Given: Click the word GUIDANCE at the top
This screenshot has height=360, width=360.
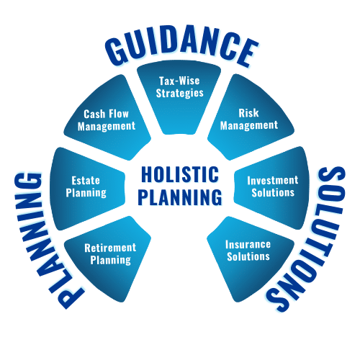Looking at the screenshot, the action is click(181, 45).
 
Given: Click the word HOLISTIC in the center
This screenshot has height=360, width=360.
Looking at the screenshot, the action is click(180, 174).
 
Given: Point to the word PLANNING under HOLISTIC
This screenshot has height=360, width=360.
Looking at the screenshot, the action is click(180, 197).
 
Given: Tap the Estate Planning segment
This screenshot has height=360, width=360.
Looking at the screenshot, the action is click(88, 189).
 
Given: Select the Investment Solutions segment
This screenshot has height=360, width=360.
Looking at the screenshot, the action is click(271, 188).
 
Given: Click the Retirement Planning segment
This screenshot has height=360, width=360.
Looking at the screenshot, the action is click(108, 257).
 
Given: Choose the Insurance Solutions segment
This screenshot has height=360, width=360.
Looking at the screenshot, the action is click(250, 257).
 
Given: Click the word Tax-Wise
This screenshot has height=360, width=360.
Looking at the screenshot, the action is click(179, 81).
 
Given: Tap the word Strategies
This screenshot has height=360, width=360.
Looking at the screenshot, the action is click(180, 94).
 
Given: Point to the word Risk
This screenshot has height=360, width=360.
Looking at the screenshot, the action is click(248, 113).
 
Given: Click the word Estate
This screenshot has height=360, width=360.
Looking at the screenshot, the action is click(86, 181).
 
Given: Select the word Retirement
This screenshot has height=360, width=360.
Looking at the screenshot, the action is click(110, 248).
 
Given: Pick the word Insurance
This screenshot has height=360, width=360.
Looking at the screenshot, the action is click(248, 244).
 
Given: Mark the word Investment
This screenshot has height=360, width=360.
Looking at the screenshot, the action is click(273, 180).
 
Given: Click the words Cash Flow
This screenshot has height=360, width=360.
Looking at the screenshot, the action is click(107, 114).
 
